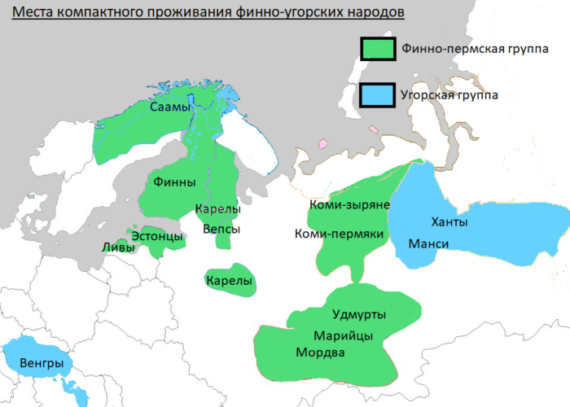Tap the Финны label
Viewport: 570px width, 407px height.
coord(169,182)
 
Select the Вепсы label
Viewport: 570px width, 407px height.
coord(221,229)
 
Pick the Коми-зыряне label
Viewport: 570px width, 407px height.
coord(349,205)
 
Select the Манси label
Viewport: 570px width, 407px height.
coord(429,244)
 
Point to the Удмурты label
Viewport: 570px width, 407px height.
coord(359,315)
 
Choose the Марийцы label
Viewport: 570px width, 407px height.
coord(344,335)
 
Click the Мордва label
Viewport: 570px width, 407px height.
coord(320,353)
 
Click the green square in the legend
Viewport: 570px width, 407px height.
coord(378,49)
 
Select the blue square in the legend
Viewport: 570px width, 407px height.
coord(378,95)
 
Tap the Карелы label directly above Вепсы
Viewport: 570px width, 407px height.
coord(217,210)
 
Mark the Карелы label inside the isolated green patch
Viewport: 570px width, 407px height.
coord(230,282)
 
